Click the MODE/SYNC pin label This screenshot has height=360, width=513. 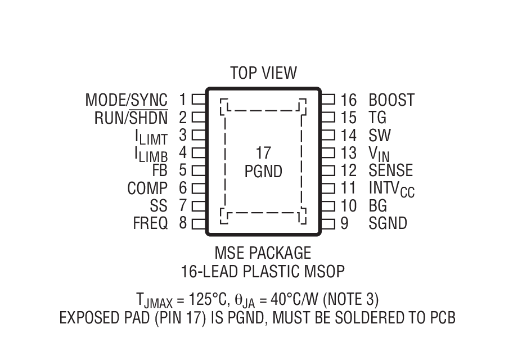pos(126,100)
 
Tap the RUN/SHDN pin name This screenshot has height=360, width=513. pos(130,118)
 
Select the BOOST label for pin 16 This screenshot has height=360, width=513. pos(391,100)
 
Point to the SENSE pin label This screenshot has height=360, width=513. pos(390,170)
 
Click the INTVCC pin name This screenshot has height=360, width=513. pos(391,188)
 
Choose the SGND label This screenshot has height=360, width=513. pos(388,223)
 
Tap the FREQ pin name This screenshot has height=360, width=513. pos(150,223)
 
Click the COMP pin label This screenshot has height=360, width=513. pos(147,188)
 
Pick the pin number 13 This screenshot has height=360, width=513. pos(349,153)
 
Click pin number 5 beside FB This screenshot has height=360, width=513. pos(183,170)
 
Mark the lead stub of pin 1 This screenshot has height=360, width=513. pos(199,100)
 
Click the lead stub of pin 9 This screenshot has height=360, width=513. pos(328,223)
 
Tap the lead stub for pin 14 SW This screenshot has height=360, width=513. pos(328,136)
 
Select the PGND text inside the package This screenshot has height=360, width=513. pos(263,172)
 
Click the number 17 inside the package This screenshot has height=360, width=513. pos(263,154)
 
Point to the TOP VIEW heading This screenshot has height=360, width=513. pos(263,73)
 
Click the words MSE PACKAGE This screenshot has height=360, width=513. pos(263,252)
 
